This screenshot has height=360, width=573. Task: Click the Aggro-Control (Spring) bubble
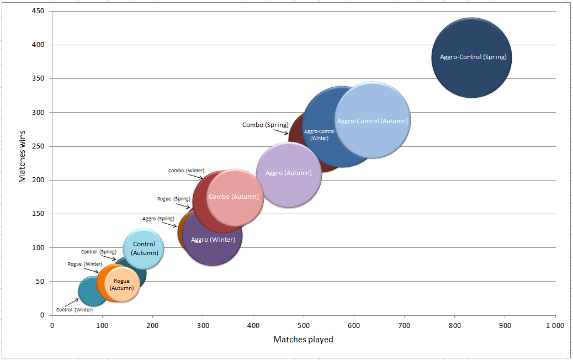click(x=471, y=57)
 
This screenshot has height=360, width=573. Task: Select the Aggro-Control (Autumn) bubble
click(x=373, y=121)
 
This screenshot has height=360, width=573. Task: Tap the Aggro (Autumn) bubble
click(x=289, y=173)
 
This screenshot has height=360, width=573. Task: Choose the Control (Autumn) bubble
click(x=144, y=248)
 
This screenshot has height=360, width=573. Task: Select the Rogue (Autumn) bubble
click(x=122, y=284)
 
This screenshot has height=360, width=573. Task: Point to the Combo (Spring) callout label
click(x=265, y=125)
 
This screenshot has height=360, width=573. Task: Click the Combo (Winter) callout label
click(x=186, y=171)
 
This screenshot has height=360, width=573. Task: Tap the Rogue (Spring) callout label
click(x=174, y=198)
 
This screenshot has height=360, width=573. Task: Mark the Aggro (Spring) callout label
click(x=158, y=219)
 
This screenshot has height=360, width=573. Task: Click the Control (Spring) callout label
click(x=99, y=252)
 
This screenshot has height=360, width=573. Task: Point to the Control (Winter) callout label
click(x=75, y=310)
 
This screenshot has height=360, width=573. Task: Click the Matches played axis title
click(x=303, y=340)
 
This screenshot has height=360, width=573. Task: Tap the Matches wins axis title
click(x=23, y=155)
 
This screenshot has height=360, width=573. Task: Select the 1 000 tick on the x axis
click(x=554, y=325)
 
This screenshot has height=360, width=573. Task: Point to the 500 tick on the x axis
click(x=303, y=325)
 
